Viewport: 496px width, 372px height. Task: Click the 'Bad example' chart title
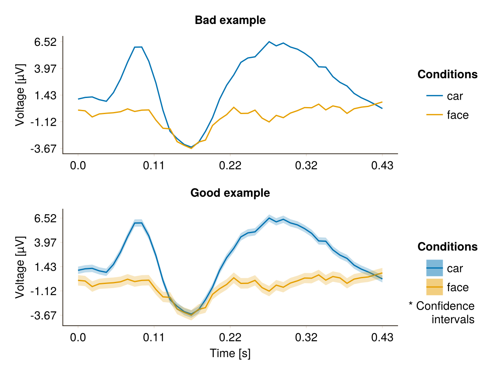230,20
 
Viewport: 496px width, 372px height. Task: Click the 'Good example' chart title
230,193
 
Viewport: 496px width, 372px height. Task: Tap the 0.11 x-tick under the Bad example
154,166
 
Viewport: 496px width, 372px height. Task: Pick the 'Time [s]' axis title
230,353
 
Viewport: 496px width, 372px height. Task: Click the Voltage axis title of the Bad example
20,95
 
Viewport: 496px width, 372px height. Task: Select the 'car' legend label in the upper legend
455,96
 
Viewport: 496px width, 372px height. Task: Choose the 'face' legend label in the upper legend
458,115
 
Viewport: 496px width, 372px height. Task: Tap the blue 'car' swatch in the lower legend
434,268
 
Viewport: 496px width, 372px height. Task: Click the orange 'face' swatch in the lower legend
434,287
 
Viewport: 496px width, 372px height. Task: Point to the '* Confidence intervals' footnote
442,312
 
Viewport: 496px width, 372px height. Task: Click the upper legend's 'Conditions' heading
448,75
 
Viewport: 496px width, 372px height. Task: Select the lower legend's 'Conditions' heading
448,247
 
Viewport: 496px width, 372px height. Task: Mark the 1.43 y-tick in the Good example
46,267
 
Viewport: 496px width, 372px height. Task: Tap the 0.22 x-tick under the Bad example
230,166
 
